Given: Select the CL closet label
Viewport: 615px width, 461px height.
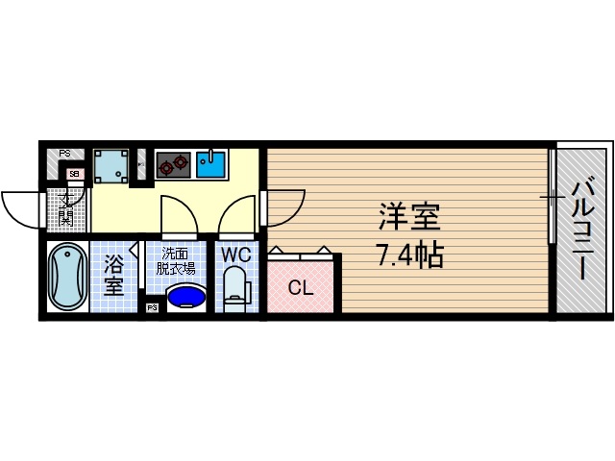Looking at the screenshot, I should (300, 287).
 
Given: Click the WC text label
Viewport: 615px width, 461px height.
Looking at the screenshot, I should (236, 255).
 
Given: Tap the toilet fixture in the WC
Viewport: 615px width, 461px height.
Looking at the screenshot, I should (236, 288).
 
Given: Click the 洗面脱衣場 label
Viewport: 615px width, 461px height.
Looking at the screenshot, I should (178, 261).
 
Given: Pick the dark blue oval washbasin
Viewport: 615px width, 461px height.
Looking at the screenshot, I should (186, 297).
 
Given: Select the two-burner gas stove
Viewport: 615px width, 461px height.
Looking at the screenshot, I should (173, 164).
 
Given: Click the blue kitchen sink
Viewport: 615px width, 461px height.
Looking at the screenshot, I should (211, 164).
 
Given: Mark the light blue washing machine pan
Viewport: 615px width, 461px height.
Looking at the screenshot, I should (112, 166).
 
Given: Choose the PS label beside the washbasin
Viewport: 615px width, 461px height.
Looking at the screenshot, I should (152, 308).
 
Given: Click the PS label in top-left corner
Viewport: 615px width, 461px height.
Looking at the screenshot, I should (64, 153).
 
